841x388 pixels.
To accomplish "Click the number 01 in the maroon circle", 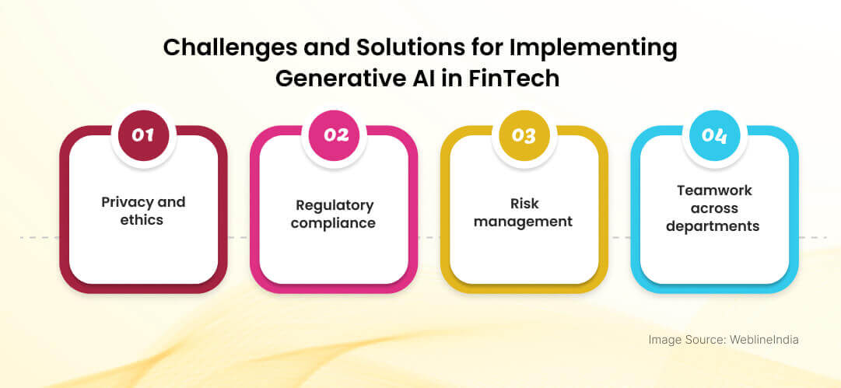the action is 143,135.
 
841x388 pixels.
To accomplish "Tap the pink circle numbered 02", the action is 334,135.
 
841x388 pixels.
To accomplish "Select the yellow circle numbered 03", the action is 524,135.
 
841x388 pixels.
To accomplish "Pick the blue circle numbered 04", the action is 714,135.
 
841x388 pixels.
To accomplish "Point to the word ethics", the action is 142,220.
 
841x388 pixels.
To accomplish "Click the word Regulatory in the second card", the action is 335,205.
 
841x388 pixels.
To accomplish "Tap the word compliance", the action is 333,223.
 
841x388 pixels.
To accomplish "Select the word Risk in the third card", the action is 524,204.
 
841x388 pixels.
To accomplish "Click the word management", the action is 524,221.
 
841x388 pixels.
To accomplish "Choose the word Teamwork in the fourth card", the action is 714,191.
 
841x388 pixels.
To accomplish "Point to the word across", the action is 714,208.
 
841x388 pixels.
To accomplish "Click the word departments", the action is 713,225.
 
